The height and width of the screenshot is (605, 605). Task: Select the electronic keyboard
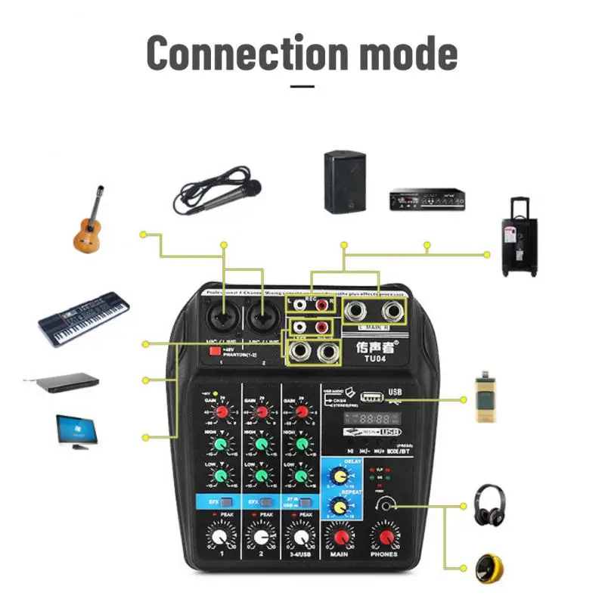[x=82, y=318]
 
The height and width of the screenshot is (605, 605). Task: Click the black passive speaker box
[x=345, y=181]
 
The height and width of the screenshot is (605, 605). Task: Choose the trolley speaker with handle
[x=520, y=237]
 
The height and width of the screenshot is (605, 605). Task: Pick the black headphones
[x=489, y=505]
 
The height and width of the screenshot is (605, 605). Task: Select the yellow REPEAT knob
[x=337, y=507]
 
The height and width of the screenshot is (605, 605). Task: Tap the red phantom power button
[x=215, y=351]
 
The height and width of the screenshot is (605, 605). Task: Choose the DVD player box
[x=62, y=380]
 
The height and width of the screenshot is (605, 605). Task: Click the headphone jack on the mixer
[x=388, y=505]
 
